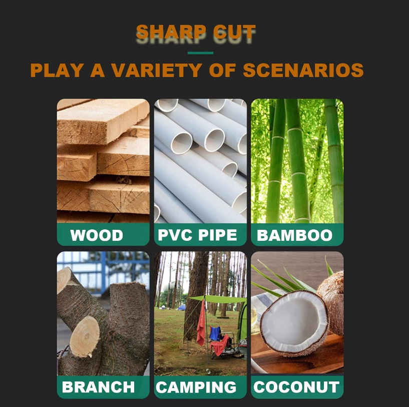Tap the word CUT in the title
(234, 32)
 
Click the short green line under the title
(200, 53)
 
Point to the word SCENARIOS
(303, 70)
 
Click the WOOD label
(97, 235)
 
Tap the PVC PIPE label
(197, 235)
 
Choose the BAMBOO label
(294, 235)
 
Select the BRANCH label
(98, 386)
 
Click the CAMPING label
(196, 387)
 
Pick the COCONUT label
(296, 386)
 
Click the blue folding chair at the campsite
(215, 334)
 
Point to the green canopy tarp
(218, 299)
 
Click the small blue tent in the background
(182, 307)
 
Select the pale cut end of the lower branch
(85, 336)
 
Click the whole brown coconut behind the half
(331, 303)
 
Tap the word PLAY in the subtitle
(57, 70)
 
